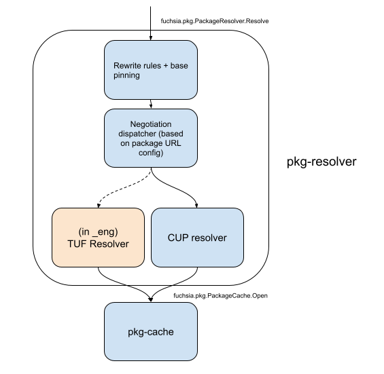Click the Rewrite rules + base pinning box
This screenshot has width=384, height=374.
click(150, 70)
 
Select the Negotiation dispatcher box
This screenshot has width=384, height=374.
click(150, 138)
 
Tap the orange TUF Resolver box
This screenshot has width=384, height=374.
click(99, 237)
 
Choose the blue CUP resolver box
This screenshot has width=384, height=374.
click(197, 237)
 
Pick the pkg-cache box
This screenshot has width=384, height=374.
click(150, 331)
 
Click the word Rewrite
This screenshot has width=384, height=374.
click(125, 66)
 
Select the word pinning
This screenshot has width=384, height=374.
click(126, 75)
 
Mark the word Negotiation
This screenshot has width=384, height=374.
click(151, 124)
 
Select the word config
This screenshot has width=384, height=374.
click(151, 153)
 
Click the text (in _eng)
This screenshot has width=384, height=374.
click(99, 231)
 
